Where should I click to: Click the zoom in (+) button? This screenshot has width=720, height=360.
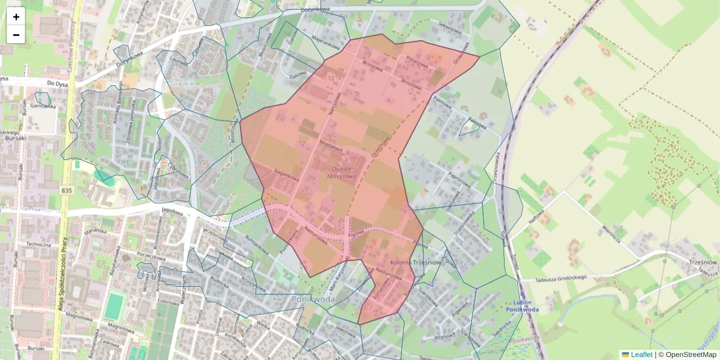pyautogui.click(x=16, y=17)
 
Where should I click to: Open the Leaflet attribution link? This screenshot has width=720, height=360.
pyautogui.click(x=641, y=355)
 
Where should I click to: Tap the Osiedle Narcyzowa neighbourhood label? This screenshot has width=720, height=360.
pyautogui.click(x=341, y=172)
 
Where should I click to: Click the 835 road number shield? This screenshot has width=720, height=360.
pyautogui.click(x=67, y=190)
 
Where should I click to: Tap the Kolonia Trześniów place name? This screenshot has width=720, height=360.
pyautogui.click(x=415, y=262)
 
